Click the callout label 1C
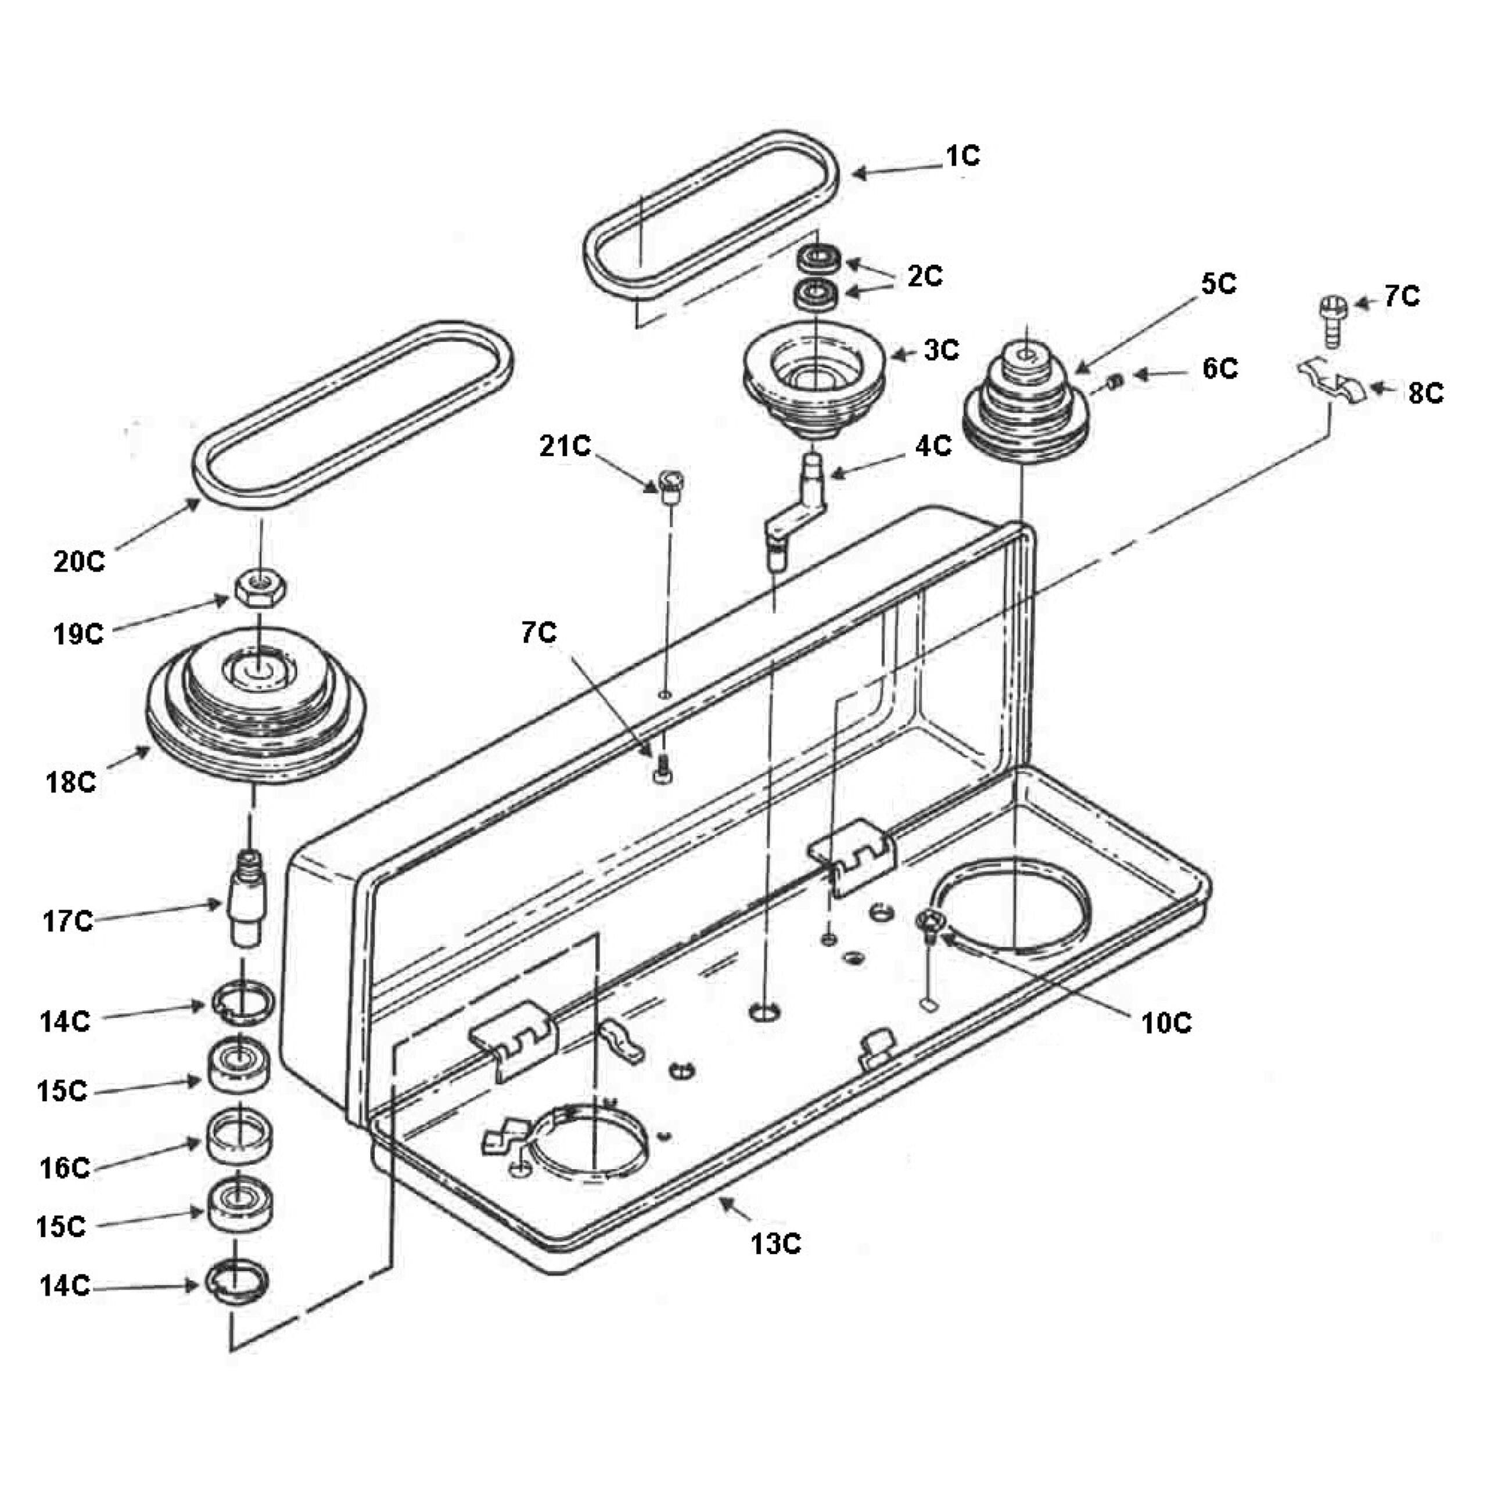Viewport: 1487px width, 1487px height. point(963,156)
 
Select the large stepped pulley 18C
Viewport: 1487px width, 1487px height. point(256,704)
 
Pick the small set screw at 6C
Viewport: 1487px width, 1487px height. point(1118,380)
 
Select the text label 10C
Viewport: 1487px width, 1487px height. point(1166,1023)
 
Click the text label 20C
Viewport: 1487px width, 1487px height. point(79,562)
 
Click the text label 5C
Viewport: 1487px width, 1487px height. point(1219,284)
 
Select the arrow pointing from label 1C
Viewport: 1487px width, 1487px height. point(897,170)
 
